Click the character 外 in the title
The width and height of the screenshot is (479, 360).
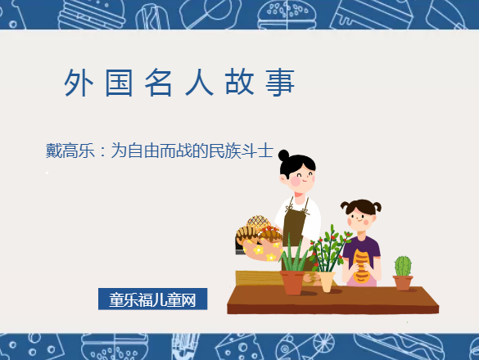pos(77,83)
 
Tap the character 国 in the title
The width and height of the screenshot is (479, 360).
pos(118,83)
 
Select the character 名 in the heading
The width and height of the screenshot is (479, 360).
pos(158,83)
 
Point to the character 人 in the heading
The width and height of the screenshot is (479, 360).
pos(199,83)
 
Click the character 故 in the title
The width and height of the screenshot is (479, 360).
pos(239,83)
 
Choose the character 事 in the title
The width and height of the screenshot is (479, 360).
pos(279,83)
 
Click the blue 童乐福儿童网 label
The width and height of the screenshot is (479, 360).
pos(152,299)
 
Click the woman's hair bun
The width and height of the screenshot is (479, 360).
pos(283,155)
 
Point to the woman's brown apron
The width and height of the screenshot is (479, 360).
pos(292,226)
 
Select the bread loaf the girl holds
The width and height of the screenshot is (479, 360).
pos(361,266)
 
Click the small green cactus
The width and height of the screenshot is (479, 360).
pos(403,266)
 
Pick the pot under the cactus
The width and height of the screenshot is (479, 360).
pos(403,283)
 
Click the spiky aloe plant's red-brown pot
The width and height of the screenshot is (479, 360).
pos(292,282)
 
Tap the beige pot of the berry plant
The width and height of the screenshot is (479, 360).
pos(327,281)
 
